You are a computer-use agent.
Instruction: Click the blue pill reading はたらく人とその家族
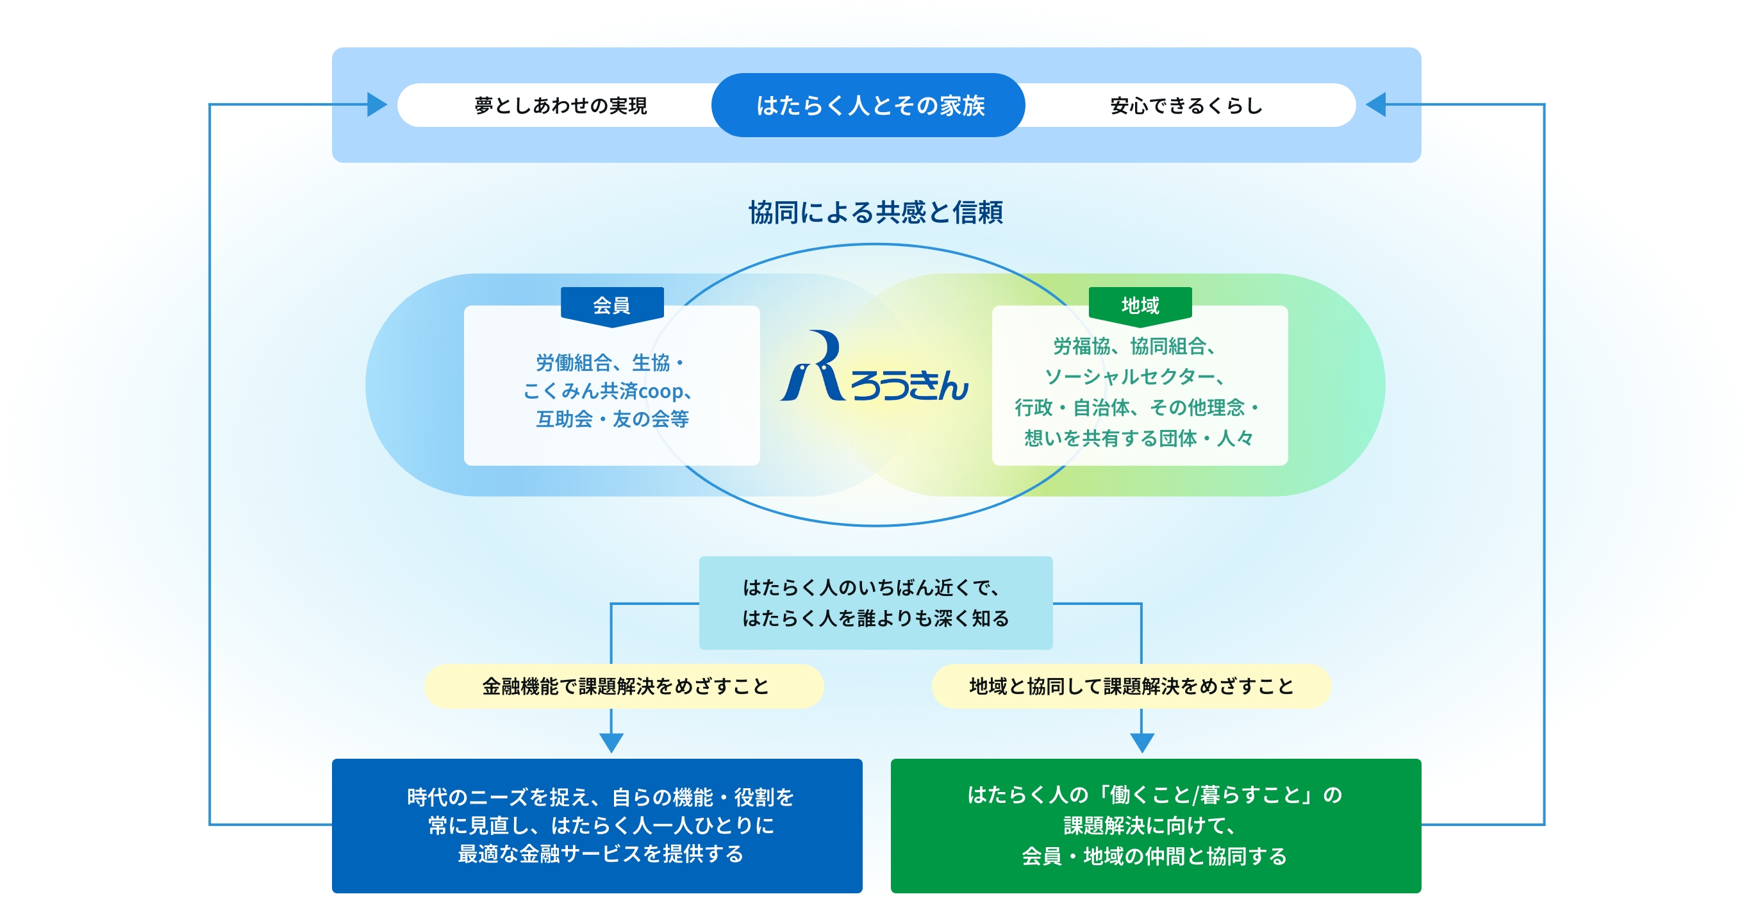868,105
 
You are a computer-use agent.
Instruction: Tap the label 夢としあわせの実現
560,105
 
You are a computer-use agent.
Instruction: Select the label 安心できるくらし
1186,105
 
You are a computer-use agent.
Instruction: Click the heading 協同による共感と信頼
875,212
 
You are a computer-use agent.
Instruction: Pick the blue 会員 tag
612,305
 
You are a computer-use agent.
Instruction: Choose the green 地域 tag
1140,305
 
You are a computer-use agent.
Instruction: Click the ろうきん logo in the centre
875,370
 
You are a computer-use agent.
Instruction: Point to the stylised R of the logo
816,367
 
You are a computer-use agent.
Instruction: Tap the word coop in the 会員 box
660,392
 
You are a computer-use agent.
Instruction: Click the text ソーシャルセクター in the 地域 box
1129,376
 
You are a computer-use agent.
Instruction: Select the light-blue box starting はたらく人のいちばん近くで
875,603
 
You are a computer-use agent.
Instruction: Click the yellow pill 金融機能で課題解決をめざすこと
624,686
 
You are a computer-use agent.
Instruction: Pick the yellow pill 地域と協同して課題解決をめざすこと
1131,686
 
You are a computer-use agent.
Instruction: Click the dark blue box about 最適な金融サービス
597,825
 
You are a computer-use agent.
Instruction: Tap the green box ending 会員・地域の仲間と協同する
1155,825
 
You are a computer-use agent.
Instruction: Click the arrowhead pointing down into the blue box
612,742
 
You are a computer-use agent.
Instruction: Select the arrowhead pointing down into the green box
1142,742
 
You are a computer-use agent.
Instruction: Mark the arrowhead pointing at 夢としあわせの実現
376,104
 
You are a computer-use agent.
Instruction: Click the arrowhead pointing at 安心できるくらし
1377,104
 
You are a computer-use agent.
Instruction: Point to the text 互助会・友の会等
612,419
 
